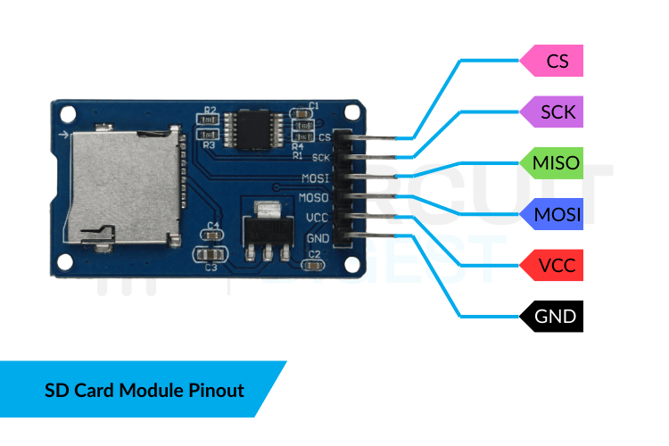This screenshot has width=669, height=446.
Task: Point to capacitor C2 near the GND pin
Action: (x=313, y=265)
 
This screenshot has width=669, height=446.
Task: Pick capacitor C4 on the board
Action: (x=212, y=235)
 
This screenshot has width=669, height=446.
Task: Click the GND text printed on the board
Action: (x=318, y=239)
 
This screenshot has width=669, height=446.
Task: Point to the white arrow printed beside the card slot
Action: (x=63, y=135)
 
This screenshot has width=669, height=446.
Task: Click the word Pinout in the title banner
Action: (x=216, y=390)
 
